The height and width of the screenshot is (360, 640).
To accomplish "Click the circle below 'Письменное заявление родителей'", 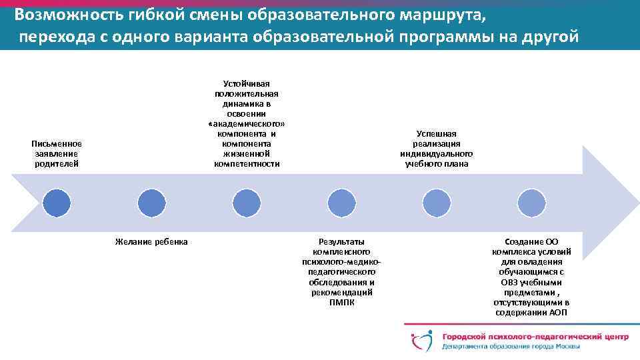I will [x=57, y=203].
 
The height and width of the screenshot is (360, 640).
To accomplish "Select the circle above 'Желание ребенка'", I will [x=151, y=203].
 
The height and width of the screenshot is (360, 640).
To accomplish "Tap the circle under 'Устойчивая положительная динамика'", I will [x=247, y=203].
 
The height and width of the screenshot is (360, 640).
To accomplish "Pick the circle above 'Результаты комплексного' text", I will [x=342, y=203].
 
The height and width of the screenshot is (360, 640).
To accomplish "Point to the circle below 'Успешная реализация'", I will [x=437, y=203].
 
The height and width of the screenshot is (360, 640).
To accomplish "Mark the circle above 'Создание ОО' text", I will [x=532, y=203].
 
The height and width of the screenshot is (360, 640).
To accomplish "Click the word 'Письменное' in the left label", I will [x=57, y=143].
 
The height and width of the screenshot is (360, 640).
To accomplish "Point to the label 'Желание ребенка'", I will [x=151, y=241].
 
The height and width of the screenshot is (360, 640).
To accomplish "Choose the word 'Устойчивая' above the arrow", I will [x=247, y=83].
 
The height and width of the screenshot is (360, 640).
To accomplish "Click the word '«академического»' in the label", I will [x=247, y=124].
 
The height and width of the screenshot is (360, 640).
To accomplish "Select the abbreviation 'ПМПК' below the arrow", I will [x=342, y=302].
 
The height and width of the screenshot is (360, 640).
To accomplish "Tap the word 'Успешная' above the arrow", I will [x=437, y=134].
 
